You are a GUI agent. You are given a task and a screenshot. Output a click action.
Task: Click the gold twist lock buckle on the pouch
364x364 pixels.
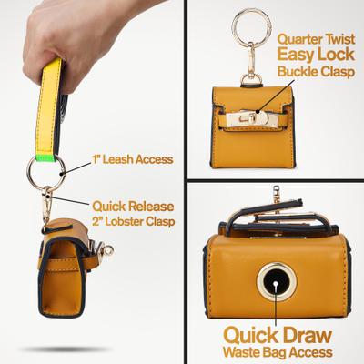[x=243, y=114]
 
